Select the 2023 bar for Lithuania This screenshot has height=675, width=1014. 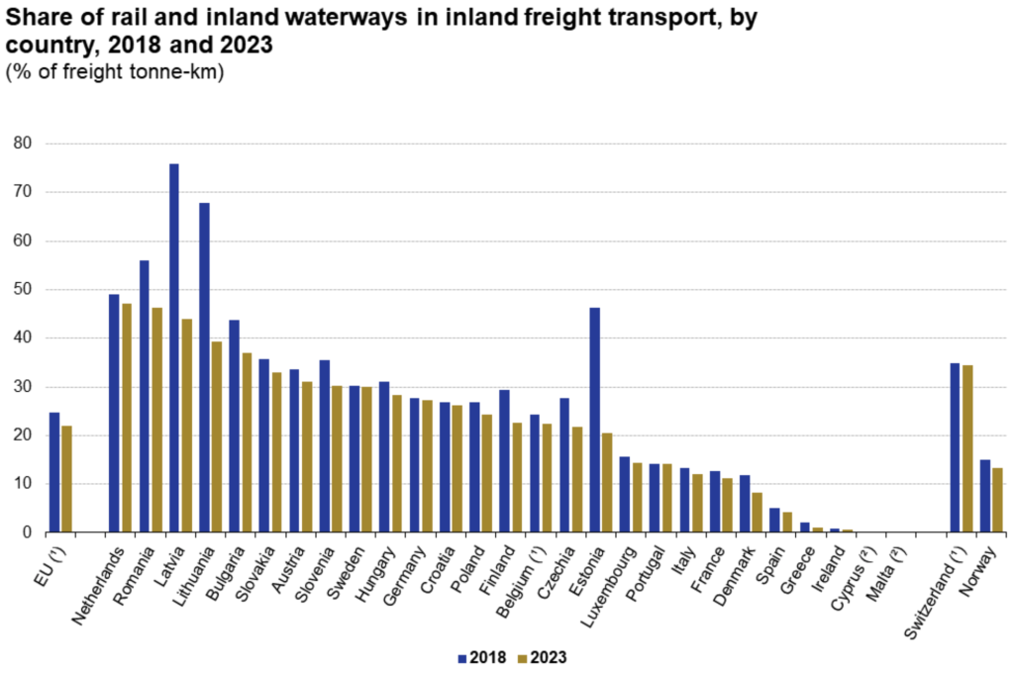pyautogui.click(x=216, y=436)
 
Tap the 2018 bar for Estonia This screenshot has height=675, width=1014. pyautogui.click(x=594, y=420)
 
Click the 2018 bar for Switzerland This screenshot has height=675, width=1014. pyautogui.click(x=955, y=447)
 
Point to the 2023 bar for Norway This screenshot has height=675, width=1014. pyautogui.click(x=996, y=500)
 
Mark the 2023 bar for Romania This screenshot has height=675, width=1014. pyautogui.click(x=155, y=420)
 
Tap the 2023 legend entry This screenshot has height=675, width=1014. pyautogui.click(x=539, y=657)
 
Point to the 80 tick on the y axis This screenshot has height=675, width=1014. pyautogui.click(x=23, y=144)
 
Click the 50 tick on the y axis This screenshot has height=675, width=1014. pyautogui.click(x=23, y=289)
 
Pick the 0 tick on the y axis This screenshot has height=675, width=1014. pyautogui.click(x=28, y=532)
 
